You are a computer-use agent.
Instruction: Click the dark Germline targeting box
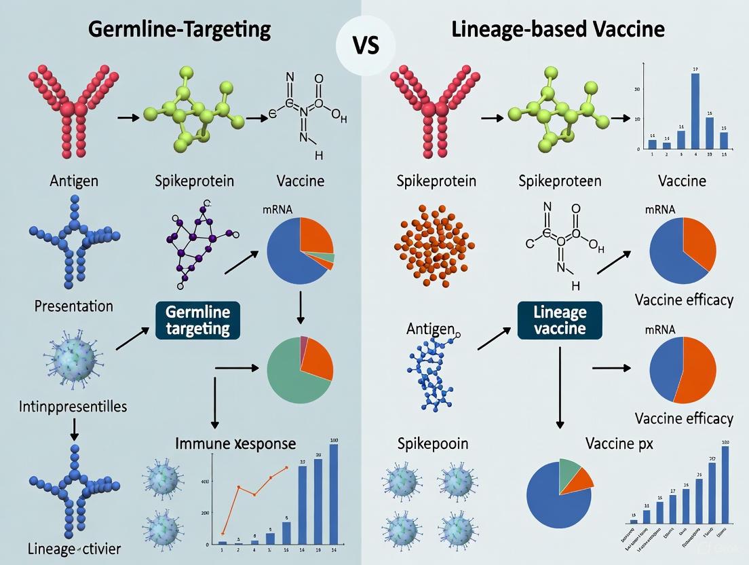[197, 321]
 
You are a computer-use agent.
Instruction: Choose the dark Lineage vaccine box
[560, 321]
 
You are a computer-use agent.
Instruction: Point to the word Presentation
[73, 306]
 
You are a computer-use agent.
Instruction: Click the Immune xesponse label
[235, 443]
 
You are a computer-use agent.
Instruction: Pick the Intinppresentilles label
[74, 407]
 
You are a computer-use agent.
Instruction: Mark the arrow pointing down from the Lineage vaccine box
[560, 387]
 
